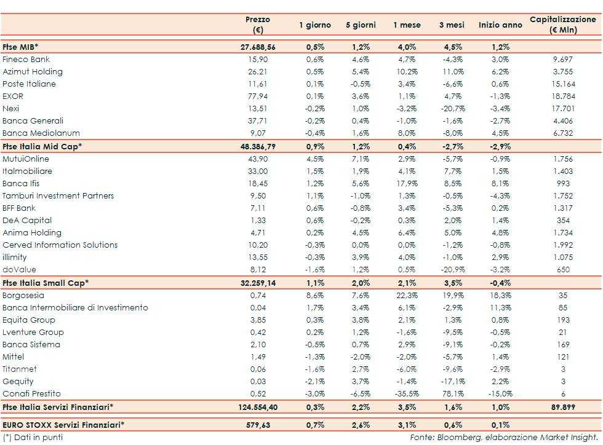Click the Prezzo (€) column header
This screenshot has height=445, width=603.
tap(257, 25)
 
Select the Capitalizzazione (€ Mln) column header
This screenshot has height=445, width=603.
tap(563, 25)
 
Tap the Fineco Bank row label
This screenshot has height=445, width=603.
tap(26, 60)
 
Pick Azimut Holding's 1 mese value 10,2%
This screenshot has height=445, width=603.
tap(407, 72)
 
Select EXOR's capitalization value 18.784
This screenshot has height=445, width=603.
tap(563, 96)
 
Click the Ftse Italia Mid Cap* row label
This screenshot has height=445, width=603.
tap(42, 146)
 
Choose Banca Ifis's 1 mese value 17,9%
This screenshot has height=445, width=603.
tap(407, 183)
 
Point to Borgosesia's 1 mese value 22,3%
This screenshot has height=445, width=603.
tap(407, 295)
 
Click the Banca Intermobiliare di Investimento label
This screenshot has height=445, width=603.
tap(75, 307)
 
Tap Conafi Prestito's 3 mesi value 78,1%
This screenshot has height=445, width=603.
tap(453, 393)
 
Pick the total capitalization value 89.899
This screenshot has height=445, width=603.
tap(563, 407)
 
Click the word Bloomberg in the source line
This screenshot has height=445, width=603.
tap(454, 437)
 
